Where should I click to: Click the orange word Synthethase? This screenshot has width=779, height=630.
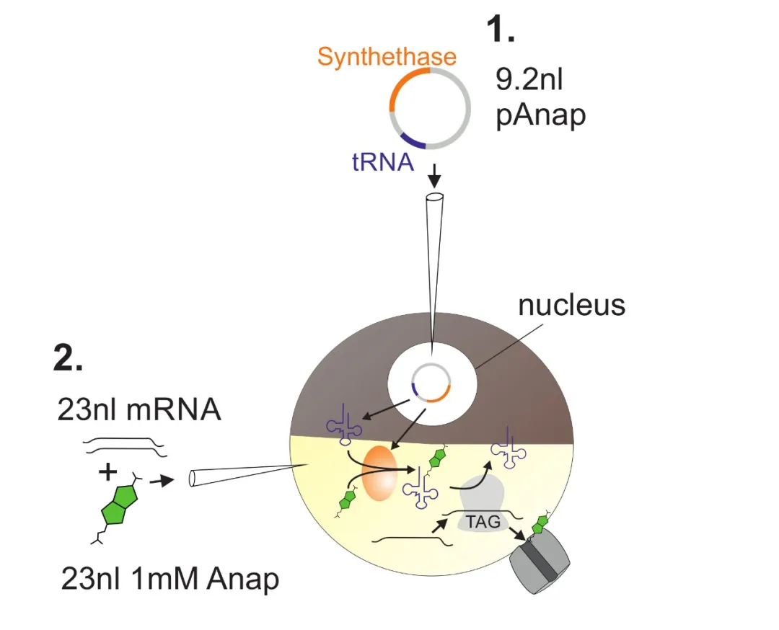[x=387, y=57]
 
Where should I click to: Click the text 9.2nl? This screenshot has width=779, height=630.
[x=528, y=80]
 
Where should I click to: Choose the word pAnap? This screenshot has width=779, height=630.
[x=540, y=115]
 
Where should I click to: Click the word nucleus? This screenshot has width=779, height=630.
[x=571, y=305]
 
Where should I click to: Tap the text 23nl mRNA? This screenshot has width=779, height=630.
[x=138, y=411]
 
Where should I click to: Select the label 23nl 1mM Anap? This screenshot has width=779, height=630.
[x=170, y=579]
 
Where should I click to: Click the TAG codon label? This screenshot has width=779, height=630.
[x=483, y=521]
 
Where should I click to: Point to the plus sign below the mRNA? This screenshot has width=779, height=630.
[x=108, y=474]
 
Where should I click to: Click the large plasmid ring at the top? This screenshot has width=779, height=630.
[x=431, y=108]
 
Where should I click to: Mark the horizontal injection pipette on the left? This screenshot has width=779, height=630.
[x=238, y=475]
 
